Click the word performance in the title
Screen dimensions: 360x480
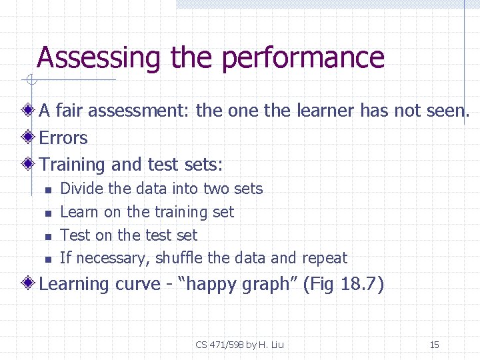303,58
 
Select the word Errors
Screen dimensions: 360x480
63,138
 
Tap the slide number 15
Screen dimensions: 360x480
434,345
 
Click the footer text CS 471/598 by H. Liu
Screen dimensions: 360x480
239,345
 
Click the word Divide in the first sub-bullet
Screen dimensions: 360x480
81,189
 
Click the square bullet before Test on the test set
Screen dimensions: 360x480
47,236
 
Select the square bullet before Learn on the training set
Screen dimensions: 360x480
47,213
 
